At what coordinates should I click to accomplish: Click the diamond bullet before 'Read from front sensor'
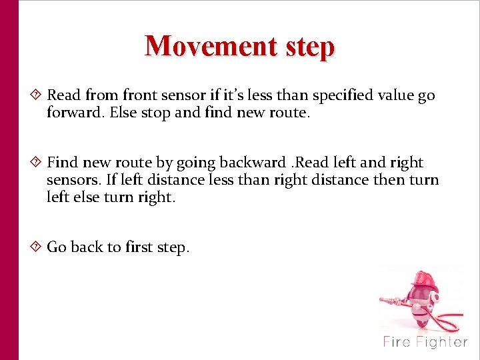37,95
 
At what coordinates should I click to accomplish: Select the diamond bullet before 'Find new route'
37,162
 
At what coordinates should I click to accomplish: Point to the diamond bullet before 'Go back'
37,247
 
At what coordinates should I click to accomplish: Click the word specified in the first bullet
341,95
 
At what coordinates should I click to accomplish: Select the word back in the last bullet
87,247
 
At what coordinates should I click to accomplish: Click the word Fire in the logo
397,343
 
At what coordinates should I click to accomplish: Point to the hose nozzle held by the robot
385,299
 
